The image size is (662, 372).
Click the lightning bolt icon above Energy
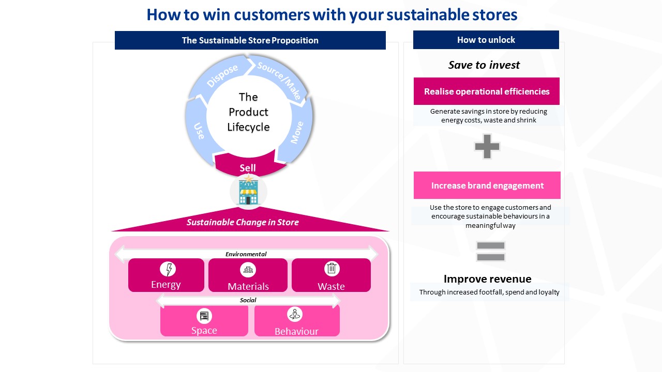tap(168, 269)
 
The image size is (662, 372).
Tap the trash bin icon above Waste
tap(332, 269)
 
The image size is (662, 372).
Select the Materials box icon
tap(248, 270)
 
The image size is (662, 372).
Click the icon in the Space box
tap(204, 316)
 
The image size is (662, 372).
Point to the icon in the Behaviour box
tap(295, 314)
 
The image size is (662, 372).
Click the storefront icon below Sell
tap(248, 191)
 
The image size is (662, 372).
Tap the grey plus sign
tap(487, 146)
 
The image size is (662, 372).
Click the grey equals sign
tap(490, 251)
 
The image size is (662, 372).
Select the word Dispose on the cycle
tap(222, 76)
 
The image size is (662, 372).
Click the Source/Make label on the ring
tap(279, 81)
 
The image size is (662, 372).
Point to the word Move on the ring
tap(297, 133)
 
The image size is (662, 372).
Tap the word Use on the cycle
tap(199, 130)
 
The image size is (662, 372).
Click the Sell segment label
tap(248, 168)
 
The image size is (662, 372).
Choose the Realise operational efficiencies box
tap(486, 91)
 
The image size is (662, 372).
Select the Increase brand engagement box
tap(487, 185)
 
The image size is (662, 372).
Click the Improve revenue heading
tap(487, 279)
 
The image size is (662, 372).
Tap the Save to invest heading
tap(484, 65)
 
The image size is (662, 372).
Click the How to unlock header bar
tap(486, 40)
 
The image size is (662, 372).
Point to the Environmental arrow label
tap(246, 254)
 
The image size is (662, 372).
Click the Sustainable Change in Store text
tap(243, 223)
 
